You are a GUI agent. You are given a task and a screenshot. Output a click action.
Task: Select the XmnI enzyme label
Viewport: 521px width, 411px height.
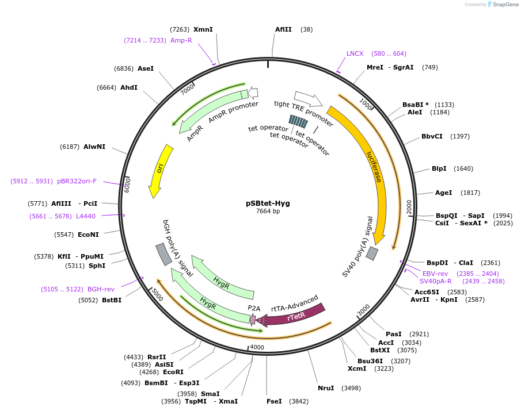coord(203,29)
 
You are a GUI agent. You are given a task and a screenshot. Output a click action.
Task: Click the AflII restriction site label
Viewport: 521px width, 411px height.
coord(283,29)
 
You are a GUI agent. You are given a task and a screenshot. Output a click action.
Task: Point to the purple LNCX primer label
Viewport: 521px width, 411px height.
coord(355,53)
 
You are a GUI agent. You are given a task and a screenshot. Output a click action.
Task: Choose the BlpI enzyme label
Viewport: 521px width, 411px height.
coord(439,168)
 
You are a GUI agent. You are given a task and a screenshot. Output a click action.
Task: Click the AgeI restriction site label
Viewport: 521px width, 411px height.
coord(443,193)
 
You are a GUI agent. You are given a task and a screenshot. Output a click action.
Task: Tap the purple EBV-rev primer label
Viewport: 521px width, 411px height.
coord(435,273)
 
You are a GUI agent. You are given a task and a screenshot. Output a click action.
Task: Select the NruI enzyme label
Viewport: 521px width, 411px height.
coord(326,388)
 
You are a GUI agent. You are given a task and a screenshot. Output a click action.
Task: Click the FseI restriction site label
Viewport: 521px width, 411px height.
coord(274,401)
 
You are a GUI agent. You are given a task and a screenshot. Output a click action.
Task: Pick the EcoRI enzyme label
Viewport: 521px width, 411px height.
coord(173,372)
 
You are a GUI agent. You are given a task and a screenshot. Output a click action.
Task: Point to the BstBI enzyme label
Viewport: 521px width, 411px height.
coord(112,299)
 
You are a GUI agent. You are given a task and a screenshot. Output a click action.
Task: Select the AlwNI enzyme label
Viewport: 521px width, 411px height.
coord(94,147)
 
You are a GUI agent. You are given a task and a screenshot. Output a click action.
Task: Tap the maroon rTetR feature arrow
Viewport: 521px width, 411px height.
coord(294,314)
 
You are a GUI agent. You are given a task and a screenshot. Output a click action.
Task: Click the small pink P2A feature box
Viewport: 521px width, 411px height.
coord(253,320)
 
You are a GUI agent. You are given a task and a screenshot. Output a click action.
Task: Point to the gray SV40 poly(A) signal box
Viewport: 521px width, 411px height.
coord(372,253)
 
